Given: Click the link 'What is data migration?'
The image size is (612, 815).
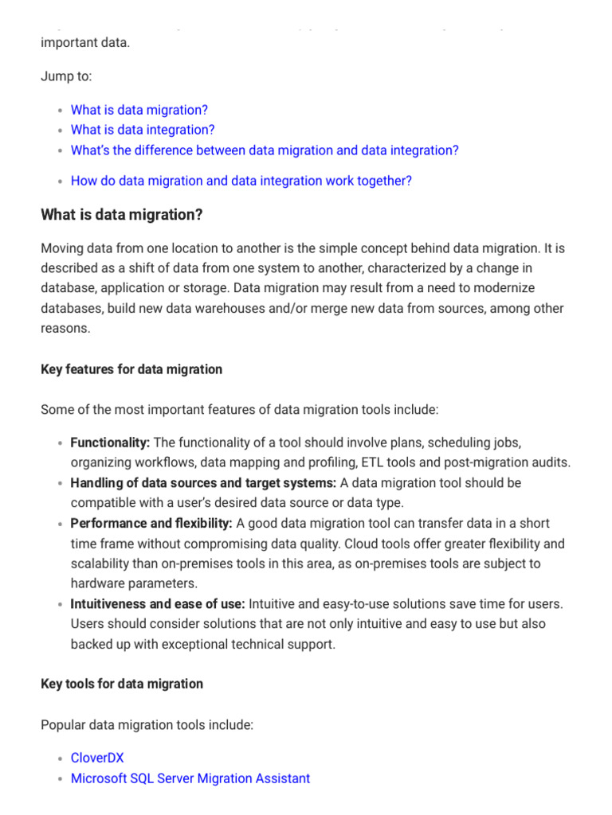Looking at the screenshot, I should [x=139, y=110].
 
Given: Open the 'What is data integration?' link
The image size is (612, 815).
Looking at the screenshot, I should [x=143, y=130].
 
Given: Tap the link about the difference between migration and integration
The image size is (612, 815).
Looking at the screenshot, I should [x=265, y=150].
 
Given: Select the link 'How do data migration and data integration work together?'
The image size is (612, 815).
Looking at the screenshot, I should [x=241, y=181].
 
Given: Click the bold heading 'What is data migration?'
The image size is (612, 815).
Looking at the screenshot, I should [x=122, y=216].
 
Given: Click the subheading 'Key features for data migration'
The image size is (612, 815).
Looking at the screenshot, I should [x=131, y=369].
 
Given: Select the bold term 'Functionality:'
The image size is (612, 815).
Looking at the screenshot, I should [x=110, y=443].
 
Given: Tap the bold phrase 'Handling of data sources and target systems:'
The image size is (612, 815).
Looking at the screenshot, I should [x=203, y=483].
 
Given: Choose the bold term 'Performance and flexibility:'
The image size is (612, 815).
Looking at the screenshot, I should [x=151, y=524].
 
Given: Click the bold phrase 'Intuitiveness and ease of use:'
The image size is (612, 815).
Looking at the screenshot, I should [x=158, y=605].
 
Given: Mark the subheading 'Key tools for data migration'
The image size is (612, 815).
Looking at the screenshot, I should [x=122, y=684].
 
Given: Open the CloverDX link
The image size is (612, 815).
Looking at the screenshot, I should [x=97, y=758].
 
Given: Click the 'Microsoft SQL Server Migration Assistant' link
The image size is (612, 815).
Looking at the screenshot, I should [x=190, y=778].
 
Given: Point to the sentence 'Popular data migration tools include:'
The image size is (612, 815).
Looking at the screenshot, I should [x=147, y=725].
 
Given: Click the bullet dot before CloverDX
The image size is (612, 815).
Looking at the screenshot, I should [x=61, y=759].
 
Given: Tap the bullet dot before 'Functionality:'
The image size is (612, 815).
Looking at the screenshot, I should [x=61, y=443].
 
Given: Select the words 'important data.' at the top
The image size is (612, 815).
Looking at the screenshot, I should [x=84, y=42].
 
